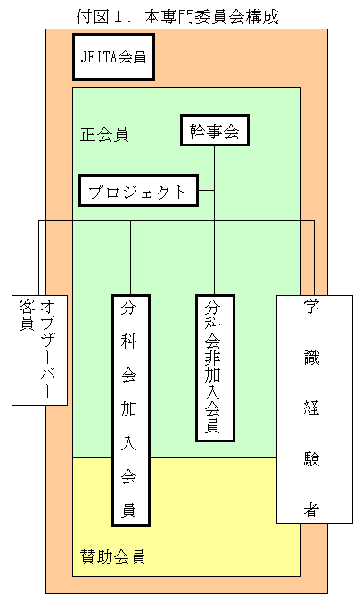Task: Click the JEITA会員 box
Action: point(114,57)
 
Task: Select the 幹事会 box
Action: point(215,130)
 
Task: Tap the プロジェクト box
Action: point(138,191)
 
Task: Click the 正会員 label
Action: point(104,135)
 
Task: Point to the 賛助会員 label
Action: point(112,557)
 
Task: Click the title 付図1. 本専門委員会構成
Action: point(177,16)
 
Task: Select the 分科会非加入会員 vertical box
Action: point(215,368)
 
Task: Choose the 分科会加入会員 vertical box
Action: point(131,410)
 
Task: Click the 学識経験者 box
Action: point(315,409)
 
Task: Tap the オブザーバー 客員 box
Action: point(40,350)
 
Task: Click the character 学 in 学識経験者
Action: point(311,306)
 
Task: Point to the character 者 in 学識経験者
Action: point(311,509)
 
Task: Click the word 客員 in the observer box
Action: point(28,315)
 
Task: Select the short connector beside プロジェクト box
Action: point(206,191)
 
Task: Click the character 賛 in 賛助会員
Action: point(88,557)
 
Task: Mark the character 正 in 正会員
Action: point(87,135)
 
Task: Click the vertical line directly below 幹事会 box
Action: point(214,220)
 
